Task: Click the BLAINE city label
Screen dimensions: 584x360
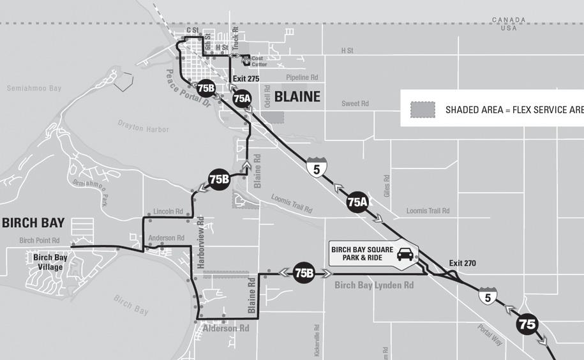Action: [x=297, y=96]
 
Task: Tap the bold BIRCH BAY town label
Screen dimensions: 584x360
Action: [x=33, y=223]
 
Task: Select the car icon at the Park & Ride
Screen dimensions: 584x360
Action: [x=405, y=255]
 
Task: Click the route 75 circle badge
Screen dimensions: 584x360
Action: [x=528, y=324]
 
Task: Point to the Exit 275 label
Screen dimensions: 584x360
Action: [x=246, y=79]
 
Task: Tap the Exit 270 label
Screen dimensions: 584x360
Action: [x=462, y=263]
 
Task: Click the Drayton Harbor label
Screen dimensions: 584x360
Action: [x=144, y=129]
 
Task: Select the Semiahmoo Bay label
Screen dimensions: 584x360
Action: [x=34, y=88]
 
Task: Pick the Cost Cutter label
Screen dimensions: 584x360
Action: [x=259, y=61]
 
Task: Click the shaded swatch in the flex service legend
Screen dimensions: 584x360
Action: [x=423, y=109]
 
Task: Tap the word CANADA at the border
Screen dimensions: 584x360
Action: [x=509, y=20]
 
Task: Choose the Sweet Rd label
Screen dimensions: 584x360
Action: [x=355, y=103]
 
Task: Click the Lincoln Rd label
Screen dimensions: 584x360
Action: [x=168, y=211]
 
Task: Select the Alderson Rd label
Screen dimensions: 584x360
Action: [x=225, y=329]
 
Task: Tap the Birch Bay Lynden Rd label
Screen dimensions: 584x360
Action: [x=373, y=285]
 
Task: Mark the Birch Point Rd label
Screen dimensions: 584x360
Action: [x=40, y=241]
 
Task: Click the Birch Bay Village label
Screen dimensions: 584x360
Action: [x=50, y=262]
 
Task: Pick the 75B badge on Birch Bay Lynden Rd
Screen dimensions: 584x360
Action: [x=304, y=273]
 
